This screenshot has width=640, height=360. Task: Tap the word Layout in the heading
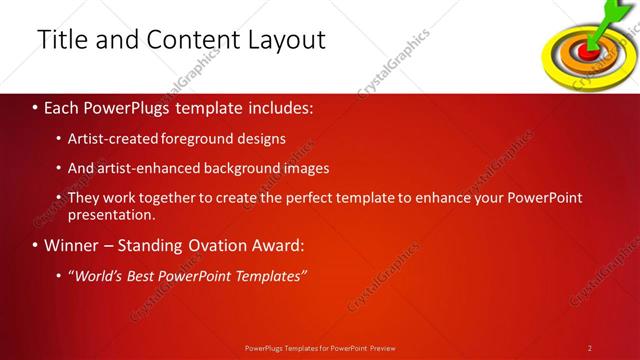(287, 40)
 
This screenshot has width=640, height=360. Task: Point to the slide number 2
(590, 347)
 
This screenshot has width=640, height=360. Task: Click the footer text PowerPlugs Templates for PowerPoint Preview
(320, 347)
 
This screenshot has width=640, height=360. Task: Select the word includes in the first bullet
(283, 105)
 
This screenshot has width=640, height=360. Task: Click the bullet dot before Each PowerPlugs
(35, 105)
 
